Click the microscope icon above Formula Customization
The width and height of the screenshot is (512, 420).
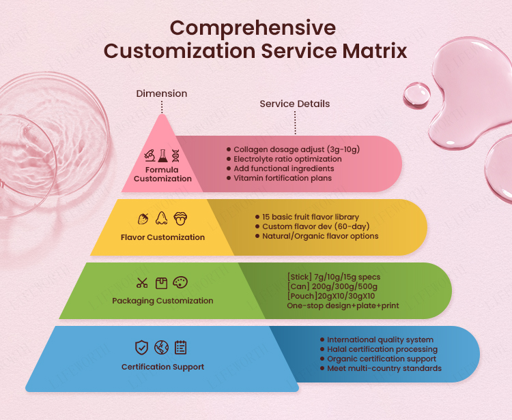(150, 155)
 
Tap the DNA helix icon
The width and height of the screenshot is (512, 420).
(175, 155)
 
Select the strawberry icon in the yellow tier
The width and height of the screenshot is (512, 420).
(143, 218)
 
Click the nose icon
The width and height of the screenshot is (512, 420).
(161, 218)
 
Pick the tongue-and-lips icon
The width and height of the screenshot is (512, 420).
(180, 218)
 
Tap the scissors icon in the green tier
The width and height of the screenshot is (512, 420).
(142, 283)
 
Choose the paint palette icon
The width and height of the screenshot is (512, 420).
(180, 283)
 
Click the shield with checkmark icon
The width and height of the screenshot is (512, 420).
(142, 348)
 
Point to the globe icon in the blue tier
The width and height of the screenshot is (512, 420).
(161, 348)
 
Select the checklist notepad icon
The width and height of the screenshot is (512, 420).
(181, 348)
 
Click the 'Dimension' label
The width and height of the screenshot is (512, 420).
(162, 93)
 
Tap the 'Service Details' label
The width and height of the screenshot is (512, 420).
(295, 104)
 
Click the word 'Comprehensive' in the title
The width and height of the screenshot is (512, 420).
(253, 29)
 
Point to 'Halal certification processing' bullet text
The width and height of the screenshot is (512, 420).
(382, 349)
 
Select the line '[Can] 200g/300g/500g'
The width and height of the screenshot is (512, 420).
(332, 286)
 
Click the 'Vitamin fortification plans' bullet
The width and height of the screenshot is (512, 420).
(283, 178)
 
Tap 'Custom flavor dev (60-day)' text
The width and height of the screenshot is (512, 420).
(316, 226)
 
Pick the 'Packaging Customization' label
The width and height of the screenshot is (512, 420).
(162, 301)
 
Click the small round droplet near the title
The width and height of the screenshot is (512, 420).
(416, 95)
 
